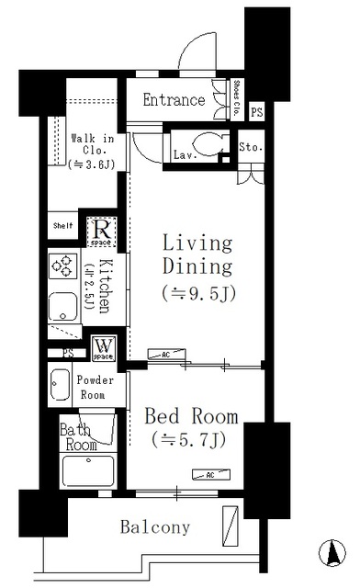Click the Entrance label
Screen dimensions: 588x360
(x=174, y=100)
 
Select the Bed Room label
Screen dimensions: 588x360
(x=191, y=416)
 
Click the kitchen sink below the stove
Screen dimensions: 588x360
(x=62, y=307)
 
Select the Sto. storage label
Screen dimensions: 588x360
(x=250, y=147)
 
